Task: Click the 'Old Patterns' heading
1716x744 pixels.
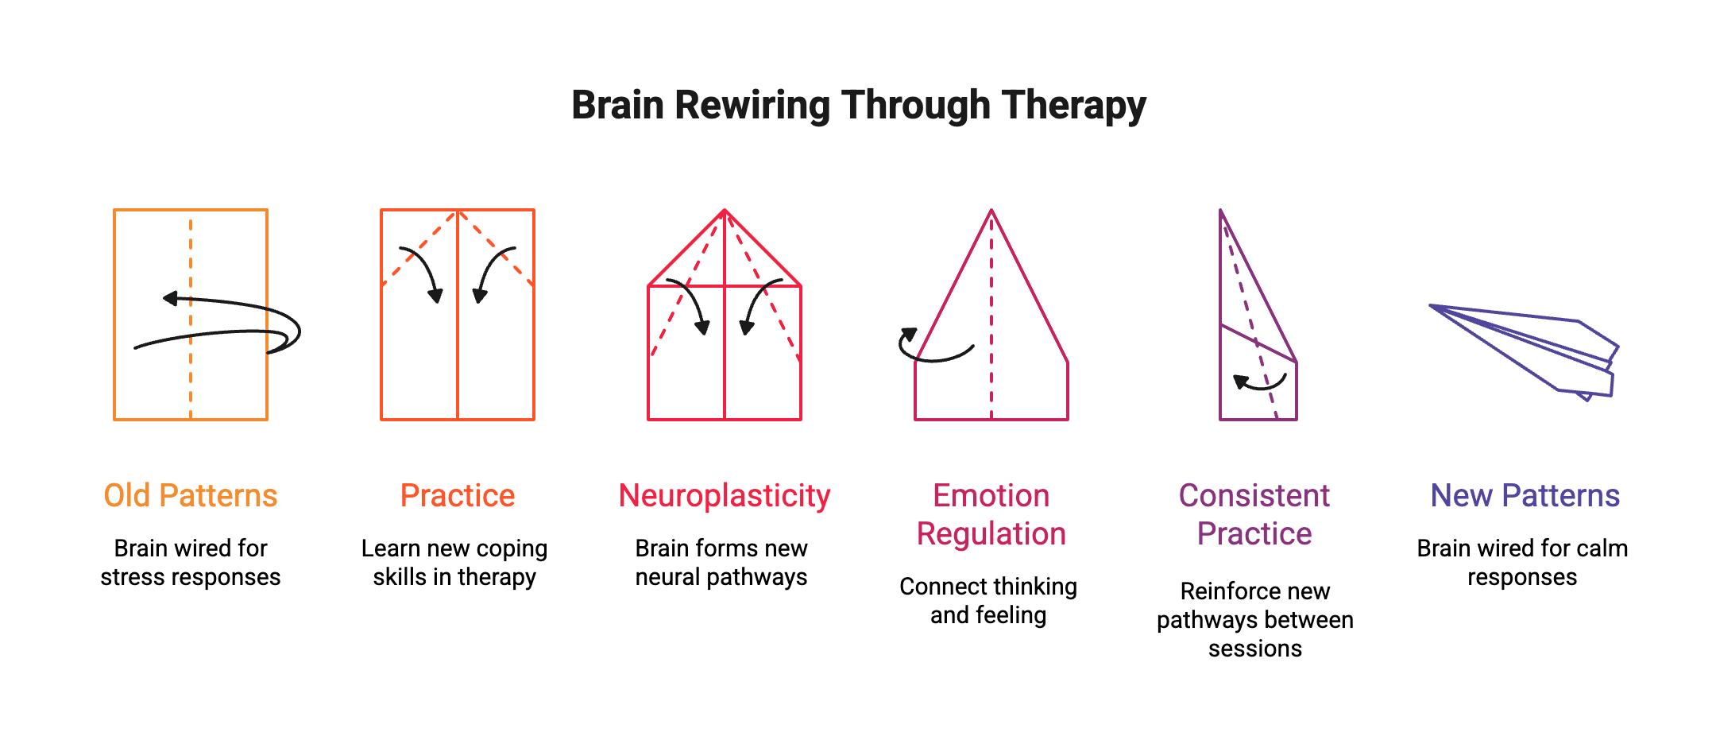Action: (191, 496)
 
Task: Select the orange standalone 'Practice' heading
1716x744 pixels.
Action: (458, 496)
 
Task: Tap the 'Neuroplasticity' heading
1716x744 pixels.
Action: (725, 496)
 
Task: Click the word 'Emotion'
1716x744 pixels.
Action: (991, 496)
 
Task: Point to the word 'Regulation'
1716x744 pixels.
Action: (991, 534)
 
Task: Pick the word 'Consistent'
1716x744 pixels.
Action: (1254, 496)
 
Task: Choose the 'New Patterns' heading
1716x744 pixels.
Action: (1525, 496)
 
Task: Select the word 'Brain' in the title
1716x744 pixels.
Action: (618, 106)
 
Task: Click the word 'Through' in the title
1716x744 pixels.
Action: (915, 106)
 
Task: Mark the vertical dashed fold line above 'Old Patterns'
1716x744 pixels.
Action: (191, 382)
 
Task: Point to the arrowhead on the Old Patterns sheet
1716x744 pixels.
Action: (170, 299)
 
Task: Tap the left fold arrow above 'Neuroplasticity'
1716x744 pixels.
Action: (690, 306)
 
